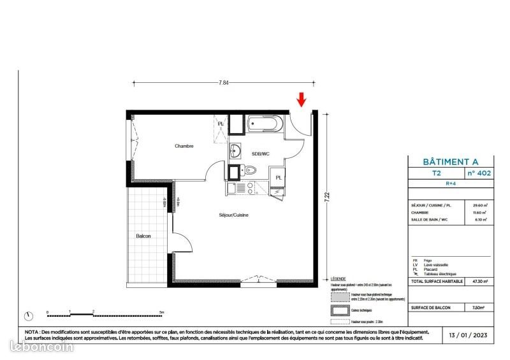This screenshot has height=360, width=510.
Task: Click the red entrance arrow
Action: pos(302,99)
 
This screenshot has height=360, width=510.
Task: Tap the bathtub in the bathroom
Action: pos(262,123)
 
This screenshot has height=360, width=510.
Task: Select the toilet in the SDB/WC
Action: pos(250,170)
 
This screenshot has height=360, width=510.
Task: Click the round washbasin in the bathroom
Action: pos(236,151)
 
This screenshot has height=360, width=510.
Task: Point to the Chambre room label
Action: pos(184,146)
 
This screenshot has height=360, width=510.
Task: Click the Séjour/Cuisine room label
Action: pos(233,215)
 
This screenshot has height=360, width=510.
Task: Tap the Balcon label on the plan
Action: pos(143,236)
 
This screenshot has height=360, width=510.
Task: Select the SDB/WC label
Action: pos(260,153)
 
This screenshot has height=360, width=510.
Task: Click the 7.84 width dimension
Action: pos(224,82)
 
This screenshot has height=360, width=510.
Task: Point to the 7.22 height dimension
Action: pos(327,198)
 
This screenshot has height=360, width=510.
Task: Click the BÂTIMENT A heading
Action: pos(450,162)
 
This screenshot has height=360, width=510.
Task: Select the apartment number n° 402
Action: pos(479,173)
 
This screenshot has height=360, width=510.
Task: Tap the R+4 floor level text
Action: pos(450,183)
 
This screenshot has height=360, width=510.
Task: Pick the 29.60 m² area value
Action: pos(480,205)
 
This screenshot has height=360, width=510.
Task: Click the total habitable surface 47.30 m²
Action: pos(479,280)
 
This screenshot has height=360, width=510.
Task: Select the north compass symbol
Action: pos(29,315)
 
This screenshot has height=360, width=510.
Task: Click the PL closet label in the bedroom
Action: pos(221,123)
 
